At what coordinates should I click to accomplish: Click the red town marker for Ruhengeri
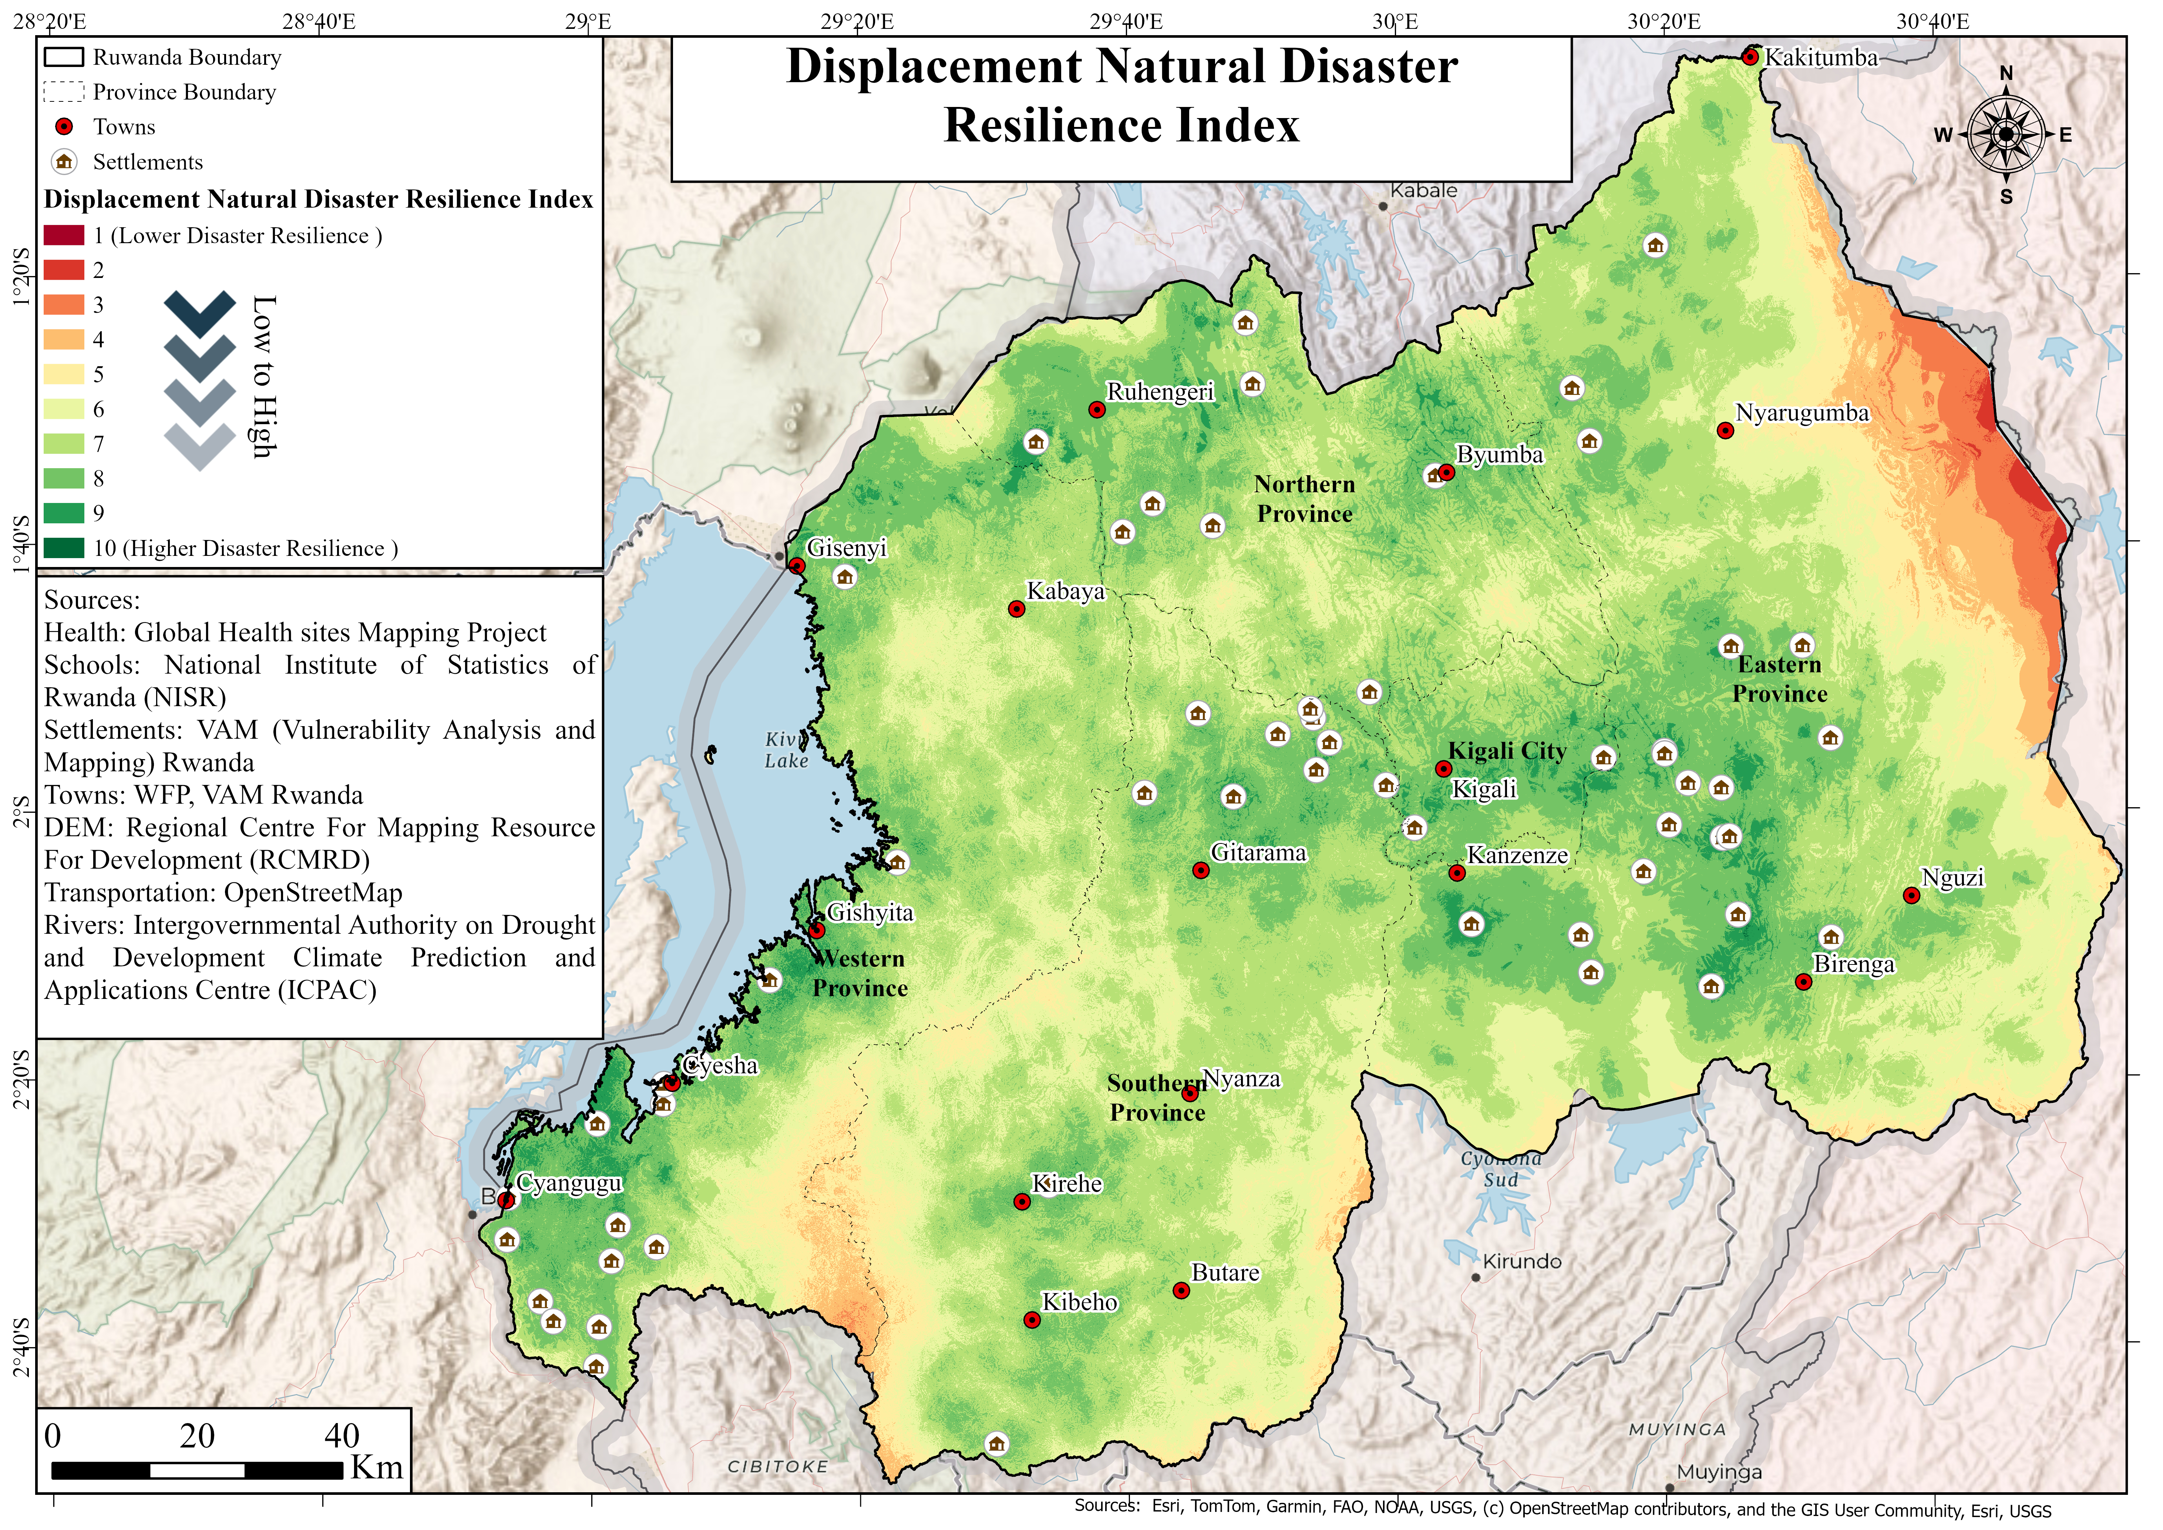coord(1097,410)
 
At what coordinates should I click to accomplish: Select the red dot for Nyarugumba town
coord(1725,430)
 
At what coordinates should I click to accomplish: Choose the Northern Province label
coord(1305,499)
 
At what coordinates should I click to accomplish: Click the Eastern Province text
coord(1780,679)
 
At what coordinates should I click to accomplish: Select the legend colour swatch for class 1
coord(64,235)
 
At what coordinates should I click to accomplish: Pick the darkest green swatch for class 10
coord(64,548)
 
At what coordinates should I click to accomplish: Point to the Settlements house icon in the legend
coord(64,162)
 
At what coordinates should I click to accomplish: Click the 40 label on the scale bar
coord(342,1436)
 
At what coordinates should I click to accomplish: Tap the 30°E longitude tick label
coord(1395,21)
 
